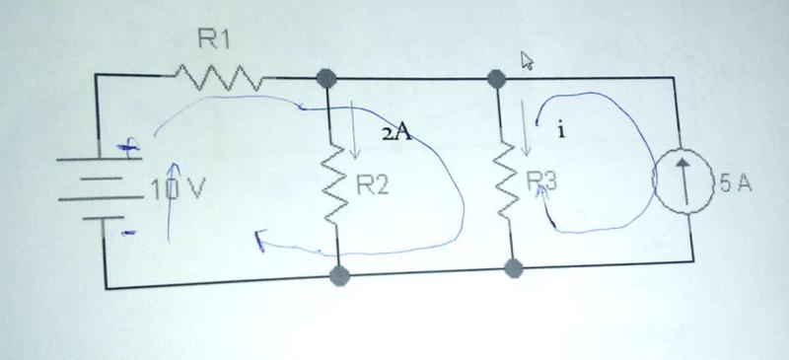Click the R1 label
pos(214,39)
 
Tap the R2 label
pos(373,186)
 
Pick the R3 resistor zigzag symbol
pos(505,180)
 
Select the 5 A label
pos(736,184)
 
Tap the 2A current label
pos(397,134)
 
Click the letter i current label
pos(560,131)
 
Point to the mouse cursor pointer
pos(527,60)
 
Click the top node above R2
pos(326,79)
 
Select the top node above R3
pos(497,79)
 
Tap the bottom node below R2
pos(339,275)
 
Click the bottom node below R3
pos(513,268)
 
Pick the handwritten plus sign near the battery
pos(128,149)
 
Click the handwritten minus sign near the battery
pos(129,233)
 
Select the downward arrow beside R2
pos(354,130)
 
